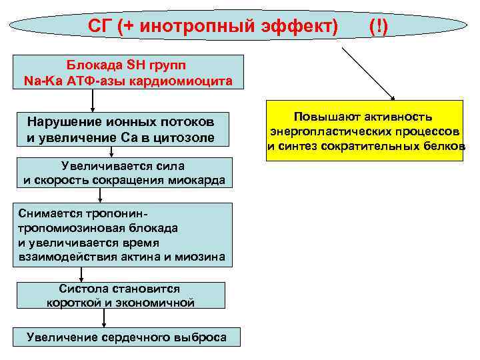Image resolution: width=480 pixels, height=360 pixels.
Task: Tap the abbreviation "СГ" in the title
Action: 101,27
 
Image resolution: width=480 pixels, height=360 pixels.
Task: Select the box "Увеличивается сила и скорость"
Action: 123,173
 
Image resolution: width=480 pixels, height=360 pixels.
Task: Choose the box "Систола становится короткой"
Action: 120,296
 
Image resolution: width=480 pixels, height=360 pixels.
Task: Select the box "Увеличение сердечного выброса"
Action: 127,337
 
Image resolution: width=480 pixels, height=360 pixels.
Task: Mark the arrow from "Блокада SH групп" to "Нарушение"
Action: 93,100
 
